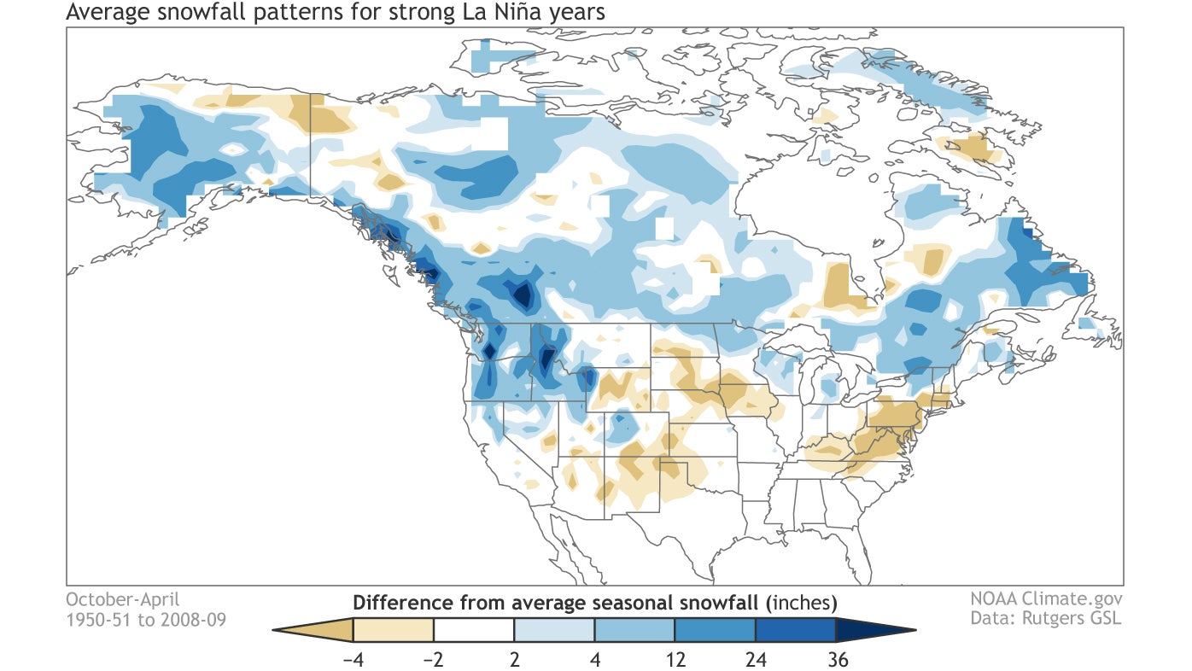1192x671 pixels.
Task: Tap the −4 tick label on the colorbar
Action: pos(351,658)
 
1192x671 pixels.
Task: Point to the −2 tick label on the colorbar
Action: pos(433,658)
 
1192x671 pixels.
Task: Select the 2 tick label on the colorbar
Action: pos(515,658)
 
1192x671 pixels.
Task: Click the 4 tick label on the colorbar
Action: pos(595,658)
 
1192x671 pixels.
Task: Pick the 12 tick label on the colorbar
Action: pos(675,658)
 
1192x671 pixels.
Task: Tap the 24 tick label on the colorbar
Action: pos(756,658)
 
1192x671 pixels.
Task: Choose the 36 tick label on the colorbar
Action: pos(836,658)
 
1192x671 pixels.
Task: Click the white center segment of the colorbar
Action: pos(474,630)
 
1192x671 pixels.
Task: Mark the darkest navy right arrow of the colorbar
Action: pos(871,630)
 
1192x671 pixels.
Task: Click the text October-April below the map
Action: pos(123,599)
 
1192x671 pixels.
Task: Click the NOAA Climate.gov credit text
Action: pos(1046,599)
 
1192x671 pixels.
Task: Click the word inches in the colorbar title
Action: pos(803,602)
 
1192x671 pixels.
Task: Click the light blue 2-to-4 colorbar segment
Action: pos(554,630)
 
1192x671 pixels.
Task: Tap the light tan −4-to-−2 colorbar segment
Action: pos(393,630)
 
